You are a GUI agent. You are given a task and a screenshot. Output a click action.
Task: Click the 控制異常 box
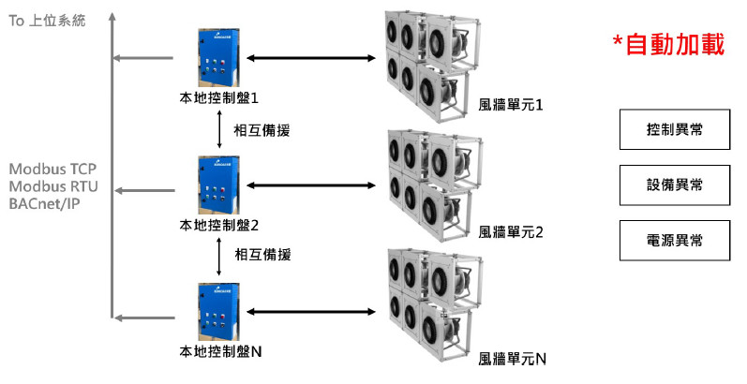[x=675, y=130]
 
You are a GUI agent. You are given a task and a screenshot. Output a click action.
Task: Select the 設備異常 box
[x=675, y=185]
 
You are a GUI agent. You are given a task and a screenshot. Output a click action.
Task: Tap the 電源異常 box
[x=675, y=240]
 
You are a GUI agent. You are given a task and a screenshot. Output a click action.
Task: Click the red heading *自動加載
[x=668, y=45]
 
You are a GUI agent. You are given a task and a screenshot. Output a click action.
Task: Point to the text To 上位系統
[x=47, y=20]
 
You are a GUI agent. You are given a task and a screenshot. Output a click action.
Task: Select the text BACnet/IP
[x=43, y=202]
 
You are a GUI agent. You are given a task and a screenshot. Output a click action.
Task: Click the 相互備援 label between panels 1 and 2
[x=261, y=130]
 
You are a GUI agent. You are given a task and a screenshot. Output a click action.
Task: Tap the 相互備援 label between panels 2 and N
[x=262, y=254]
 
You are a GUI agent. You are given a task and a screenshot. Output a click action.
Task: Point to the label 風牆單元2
[x=511, y=230]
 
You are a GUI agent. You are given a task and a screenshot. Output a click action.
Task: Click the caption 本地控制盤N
[x=221, y=352]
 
